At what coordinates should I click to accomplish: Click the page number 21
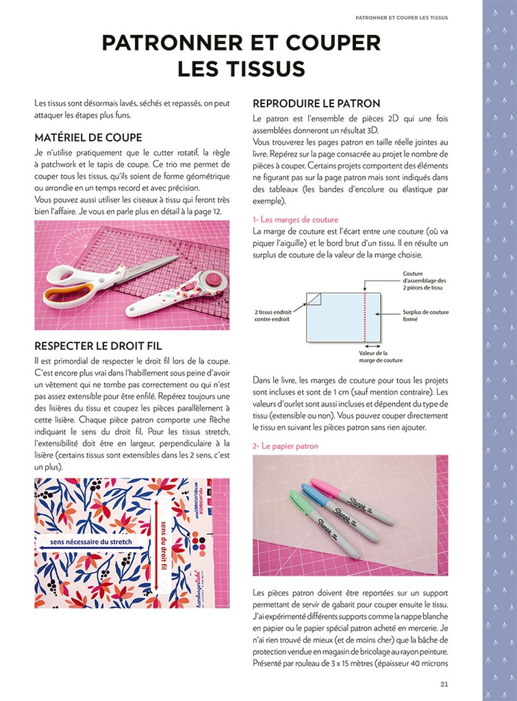tap(444, 683)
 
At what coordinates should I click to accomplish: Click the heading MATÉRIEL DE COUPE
tap(88, 138)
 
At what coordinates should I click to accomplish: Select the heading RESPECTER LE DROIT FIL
tap(98, 346)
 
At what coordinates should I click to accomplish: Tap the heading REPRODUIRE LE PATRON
tap(316, 103)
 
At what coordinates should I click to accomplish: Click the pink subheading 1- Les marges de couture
tap(295, 220)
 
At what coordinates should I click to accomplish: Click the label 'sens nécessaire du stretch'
tap(91, 542)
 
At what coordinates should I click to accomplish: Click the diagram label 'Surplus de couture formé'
tap(425, 315)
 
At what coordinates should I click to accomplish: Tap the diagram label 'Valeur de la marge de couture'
tap(381, 357)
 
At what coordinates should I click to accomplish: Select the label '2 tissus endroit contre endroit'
tap(273, 315)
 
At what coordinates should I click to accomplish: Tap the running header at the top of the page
tap(401, 18)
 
